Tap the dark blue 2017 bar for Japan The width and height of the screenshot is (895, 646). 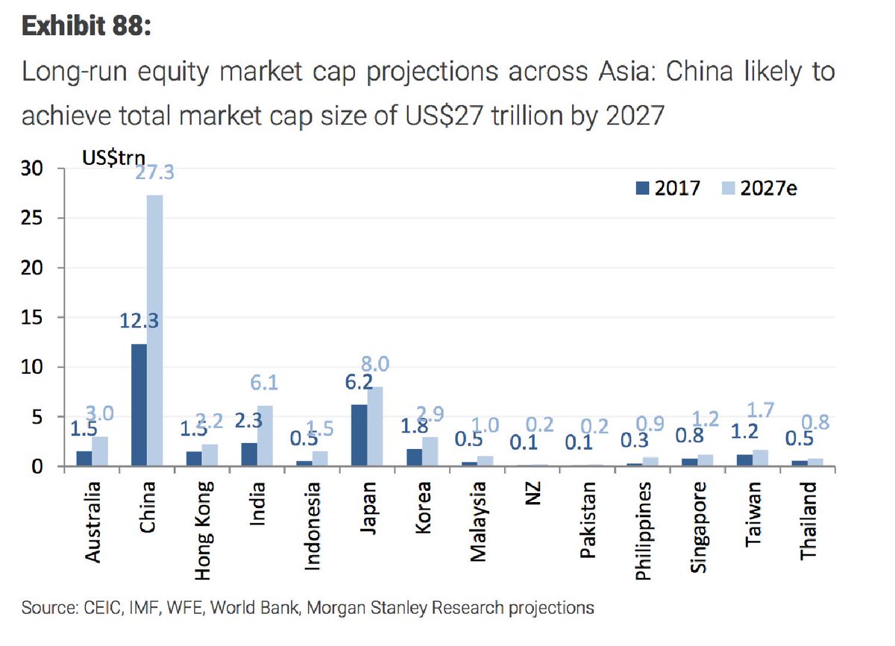tap(358, 436)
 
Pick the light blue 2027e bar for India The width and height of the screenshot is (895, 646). tap(264, 436)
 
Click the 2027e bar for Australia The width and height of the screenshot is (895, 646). tap(100, 451)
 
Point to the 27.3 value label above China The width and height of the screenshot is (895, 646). tap(154, 172)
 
